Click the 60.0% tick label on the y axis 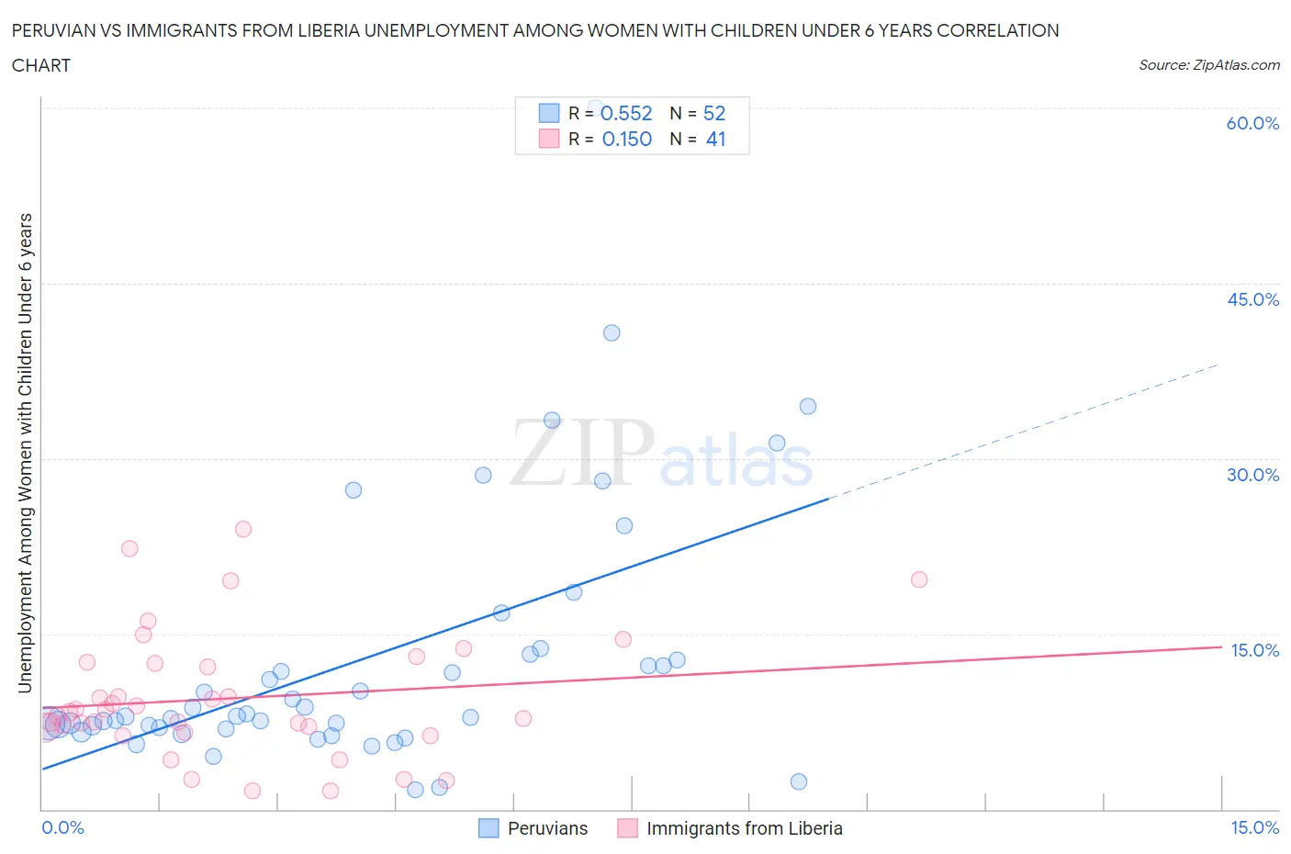[1252, 123]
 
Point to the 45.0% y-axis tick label [1252, 299]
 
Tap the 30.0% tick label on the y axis [1252, 475]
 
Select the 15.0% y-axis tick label [1254, 650]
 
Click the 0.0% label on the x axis [62, 827]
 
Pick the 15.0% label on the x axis [1254, 827]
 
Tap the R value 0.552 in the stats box [626, 113]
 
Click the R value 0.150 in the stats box [626, 139]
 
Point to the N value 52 [713, 113]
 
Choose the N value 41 [715, 139]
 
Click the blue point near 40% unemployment [612, 332]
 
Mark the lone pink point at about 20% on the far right [919, 579]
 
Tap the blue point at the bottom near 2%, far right [799, 781]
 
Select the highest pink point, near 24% [243, 529]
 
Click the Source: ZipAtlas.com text [1208, 64]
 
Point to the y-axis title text [25, 453]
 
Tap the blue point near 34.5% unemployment [808, 406]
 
